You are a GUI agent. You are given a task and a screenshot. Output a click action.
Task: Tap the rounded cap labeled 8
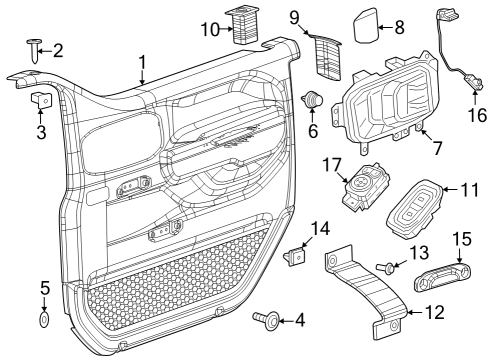pyautogui.click(x=366, y=26)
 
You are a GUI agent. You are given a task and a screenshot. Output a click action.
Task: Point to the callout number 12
pyautogui.click(x=434, y=312)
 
